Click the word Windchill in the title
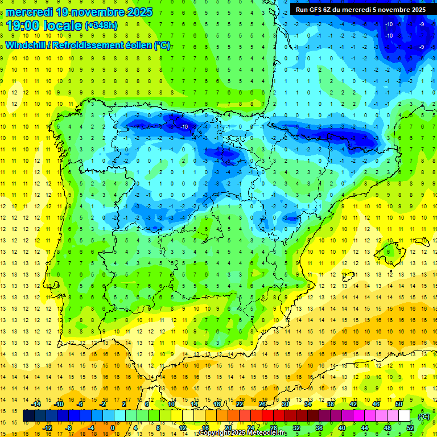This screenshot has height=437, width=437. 24,46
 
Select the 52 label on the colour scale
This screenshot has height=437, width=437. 410,428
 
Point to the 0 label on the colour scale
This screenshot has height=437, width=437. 113,428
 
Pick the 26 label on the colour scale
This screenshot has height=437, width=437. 262,404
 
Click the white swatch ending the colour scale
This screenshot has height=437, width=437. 405,416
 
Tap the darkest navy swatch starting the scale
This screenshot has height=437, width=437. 29,416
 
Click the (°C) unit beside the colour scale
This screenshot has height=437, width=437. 424,416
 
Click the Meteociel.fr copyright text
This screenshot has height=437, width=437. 242,433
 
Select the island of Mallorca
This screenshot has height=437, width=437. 391,249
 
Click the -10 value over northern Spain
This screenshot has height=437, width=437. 183,126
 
